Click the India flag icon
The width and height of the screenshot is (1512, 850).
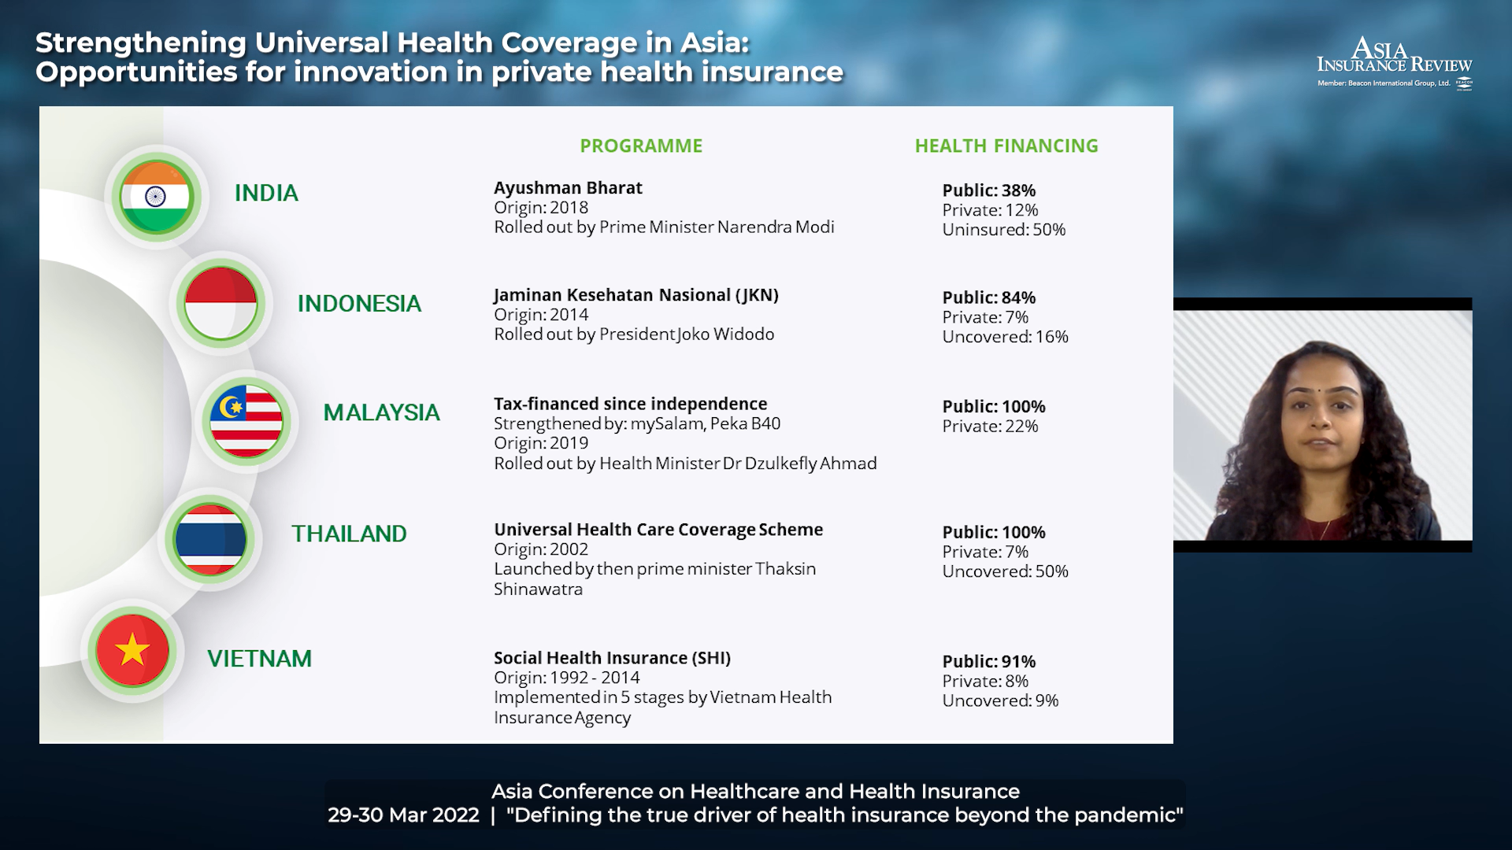click(x=156, y=196)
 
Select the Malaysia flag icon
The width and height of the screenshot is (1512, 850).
click(x=246, y=421)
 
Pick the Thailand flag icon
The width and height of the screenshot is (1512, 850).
click(x=210, y=540)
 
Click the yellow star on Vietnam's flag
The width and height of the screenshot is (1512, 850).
click(x=132, y=650)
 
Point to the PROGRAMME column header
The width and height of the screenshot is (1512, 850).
click(x=641, y=146)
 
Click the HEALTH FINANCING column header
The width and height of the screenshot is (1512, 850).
click(x=1006, y=146)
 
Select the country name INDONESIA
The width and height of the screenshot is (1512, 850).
click(x=359, y=304)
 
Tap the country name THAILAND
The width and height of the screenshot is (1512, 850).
click(x=349, y=534)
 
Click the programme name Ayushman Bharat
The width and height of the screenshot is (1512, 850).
click(x=568, y=188)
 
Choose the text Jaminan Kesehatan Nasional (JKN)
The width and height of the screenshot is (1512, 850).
click(x=636, y=295)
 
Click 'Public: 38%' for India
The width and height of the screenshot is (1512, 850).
click(x=989, y=190)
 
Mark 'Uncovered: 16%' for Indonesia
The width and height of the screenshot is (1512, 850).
click(x=1006, y=337)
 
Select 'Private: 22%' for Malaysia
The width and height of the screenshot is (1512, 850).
click(x=991, y=427)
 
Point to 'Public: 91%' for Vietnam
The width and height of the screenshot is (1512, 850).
click(x=989, y=662)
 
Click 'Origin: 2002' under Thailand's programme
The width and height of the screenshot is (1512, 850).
click(x=541, y=549)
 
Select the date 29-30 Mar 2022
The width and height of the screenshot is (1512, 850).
click(x=403, y=815)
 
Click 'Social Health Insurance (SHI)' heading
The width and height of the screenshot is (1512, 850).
click(x=613, y=659)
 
